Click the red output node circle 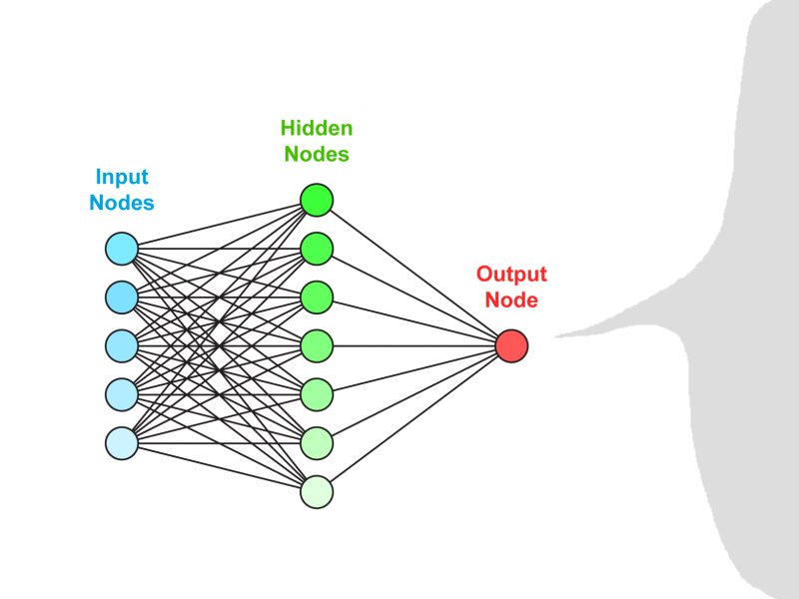click(x=511, y=345)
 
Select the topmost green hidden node click(x=317, y=200)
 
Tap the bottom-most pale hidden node click(x=317, y=492)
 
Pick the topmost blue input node click(x=121, y=248)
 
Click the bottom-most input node click(x=121, y=442)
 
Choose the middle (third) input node click(x=121, y=345)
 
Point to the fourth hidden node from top click(x=317, y=345)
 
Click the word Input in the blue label click(x=122, y=178)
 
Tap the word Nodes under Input click(x=122, y=203)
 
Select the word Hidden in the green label click(x=317, y=129)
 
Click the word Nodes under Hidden click(x=317, y=154)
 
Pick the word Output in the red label click(x=511, y=275)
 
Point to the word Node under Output click(x=511, y=299)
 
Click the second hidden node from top click(x=317, y=248)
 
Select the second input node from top click(x=121, y=297)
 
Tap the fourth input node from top click(x=121, y=394)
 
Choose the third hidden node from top click(x=317, y=297)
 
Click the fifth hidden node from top click(x=317, y=394)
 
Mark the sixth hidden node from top click(x=317, y=442)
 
